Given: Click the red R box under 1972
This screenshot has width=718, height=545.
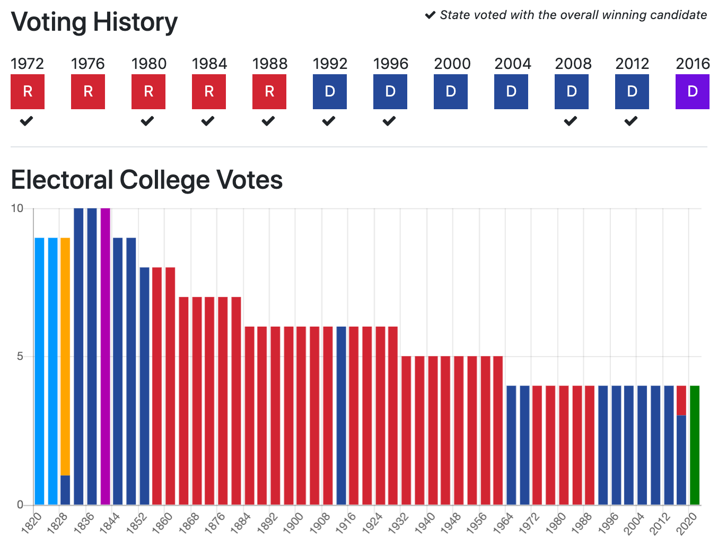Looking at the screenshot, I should tap(28, 92).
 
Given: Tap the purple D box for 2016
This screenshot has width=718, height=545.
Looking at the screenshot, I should tap(692, 92).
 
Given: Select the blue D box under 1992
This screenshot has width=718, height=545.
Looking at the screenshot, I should tap(329, 92).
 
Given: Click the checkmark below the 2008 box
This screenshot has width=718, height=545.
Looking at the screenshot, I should tap(571, 121).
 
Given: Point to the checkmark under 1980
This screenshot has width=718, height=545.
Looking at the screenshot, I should tap(147, 121).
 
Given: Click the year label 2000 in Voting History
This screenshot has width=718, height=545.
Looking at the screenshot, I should tap(452, 64).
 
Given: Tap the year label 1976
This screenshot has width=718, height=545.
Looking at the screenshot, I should tap(88, 64).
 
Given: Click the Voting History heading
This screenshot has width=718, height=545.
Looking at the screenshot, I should tap(94, 22).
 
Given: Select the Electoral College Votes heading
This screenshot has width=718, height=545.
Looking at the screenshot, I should tap(147, 180).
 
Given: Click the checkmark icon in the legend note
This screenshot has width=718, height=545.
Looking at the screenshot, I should tap(430, 15).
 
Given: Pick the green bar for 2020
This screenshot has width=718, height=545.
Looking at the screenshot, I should tap(695, 445).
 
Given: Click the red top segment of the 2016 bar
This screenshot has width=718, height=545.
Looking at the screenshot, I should tap(681, 400).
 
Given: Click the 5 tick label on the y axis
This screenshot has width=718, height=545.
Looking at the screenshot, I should tap(20, 356).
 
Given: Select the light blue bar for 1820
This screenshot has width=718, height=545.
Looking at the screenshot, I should tap(39, 371).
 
